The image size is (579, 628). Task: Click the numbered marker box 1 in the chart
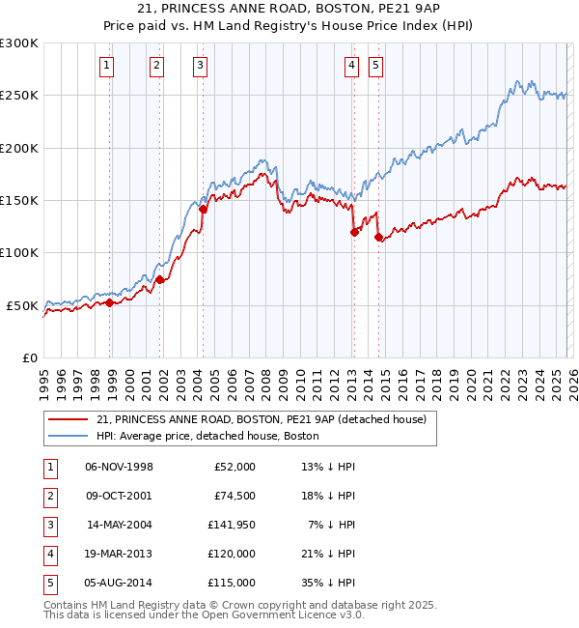click(105, 66)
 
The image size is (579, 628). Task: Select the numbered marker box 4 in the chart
click(351, 66)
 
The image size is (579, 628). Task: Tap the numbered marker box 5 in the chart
click(375, 66)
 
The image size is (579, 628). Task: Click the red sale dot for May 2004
click(204, 209)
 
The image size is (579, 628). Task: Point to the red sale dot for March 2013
click(354, 232)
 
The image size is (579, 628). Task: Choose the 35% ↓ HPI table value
click(327, 583)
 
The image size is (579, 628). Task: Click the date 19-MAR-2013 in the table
click(119, 554)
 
